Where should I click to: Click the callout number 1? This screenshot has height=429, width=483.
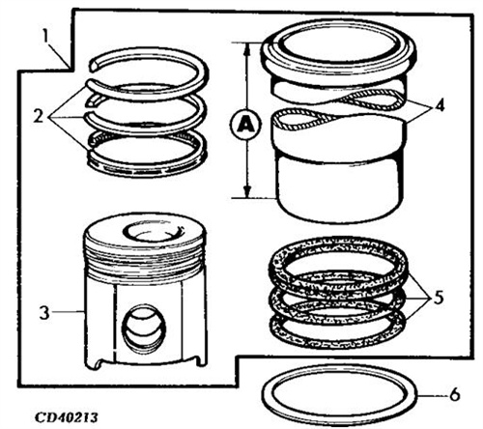[x=46, y=38]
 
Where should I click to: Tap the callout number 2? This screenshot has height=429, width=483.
[x=38, y=116]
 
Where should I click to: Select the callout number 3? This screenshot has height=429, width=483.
[x=44, y=312]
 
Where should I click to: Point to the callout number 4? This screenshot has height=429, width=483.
[x=440, y=105]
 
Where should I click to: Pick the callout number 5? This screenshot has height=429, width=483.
[x=439, y=298]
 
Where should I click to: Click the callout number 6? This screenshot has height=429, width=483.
[x=454, y=394]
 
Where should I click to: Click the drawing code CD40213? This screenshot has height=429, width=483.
[x=66, y=417]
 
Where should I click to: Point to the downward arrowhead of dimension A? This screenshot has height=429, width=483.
[x=247, y=191]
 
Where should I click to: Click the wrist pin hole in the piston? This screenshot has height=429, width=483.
[x=144, y=328]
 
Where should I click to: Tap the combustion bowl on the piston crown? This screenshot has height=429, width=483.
[x=153, y=232]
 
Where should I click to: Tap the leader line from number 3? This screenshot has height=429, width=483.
[x=69, y=311]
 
